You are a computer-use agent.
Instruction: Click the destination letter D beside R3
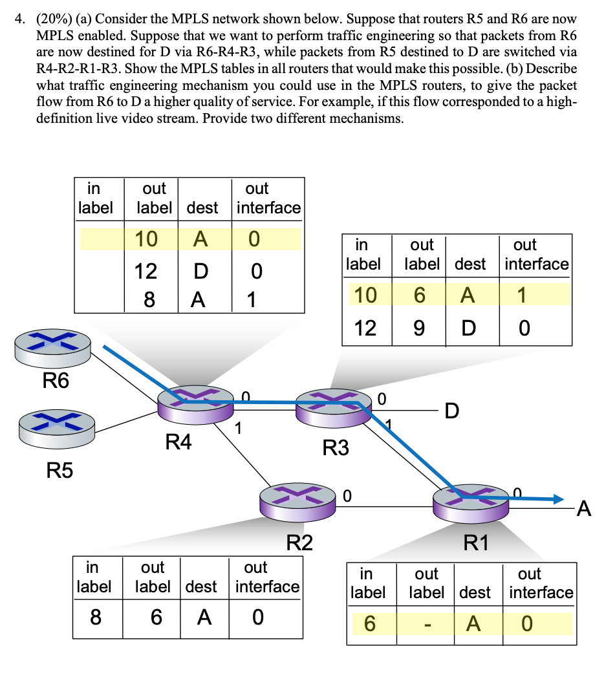(453, 411)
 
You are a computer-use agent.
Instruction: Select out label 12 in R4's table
(146, 270)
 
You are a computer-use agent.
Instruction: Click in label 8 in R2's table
(95, 618)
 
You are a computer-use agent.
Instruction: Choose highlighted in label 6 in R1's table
(369, 624)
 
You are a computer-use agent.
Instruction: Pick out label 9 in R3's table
(419, 328)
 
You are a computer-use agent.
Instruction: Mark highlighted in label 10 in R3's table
(365, 296)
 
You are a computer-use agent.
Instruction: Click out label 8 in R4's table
(147, 299)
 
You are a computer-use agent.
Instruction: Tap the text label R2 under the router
(299, 542)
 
